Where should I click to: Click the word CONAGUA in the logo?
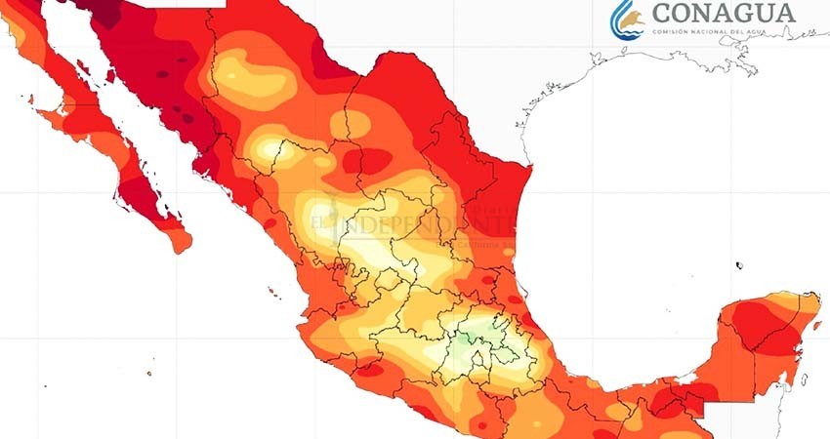[x=723, y=13]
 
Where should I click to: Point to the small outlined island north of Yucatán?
[x=739, y=264]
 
